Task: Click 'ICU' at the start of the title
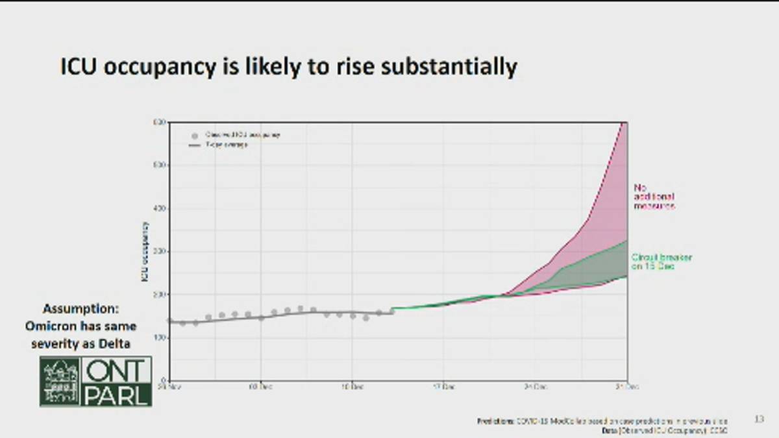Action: [x=79, y=66]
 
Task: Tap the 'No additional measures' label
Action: [x=654, y=197]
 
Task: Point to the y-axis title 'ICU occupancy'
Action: [x=145, y=252]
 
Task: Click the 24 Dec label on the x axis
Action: [x=536, y=386]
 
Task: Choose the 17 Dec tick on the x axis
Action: [x=444, y=386]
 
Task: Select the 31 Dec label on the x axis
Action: [x=627, y=386]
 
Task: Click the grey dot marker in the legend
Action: [x=194, y=136]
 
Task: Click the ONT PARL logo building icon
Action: [x=60, y=381]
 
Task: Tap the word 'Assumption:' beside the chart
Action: [x=81, y=309]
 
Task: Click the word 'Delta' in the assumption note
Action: [x=117, y=343]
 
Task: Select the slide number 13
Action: [x=759, y=420]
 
